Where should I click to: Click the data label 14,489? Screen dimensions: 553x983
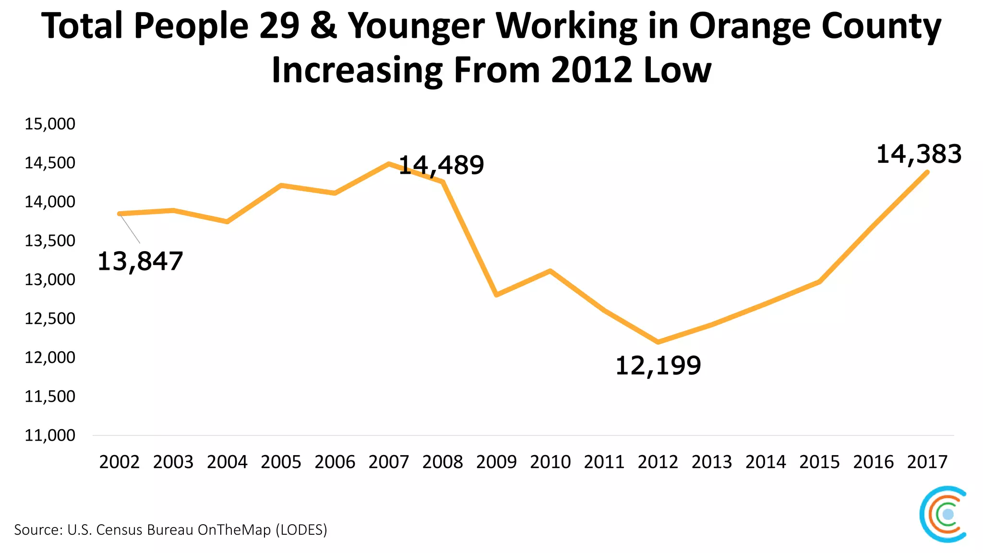point(441,165)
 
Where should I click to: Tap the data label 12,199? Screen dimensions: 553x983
point(658,366)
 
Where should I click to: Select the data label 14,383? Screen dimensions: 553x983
point(919,155)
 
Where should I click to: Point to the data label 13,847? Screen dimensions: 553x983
point(140,262)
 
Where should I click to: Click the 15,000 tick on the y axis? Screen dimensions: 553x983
point(50,124)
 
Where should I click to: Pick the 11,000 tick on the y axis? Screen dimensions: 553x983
point(50,435)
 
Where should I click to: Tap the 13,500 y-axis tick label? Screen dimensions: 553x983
point(50,240)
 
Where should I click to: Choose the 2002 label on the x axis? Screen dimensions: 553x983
point(119,462)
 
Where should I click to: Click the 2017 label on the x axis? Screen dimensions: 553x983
point(927,462)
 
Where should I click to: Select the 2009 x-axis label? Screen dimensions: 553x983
point(496,462)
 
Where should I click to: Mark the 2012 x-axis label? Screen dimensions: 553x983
point(658,462)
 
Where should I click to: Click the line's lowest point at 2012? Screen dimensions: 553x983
point(658,342)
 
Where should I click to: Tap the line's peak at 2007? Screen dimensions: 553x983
point(388,164)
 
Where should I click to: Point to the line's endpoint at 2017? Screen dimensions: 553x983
point(927,172)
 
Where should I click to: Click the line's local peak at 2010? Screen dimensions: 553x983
point(550,271)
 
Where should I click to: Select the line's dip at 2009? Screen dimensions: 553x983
point(496,294)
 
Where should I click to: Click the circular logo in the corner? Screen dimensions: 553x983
point(943,514)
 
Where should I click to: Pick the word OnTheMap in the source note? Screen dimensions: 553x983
point(234,530)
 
